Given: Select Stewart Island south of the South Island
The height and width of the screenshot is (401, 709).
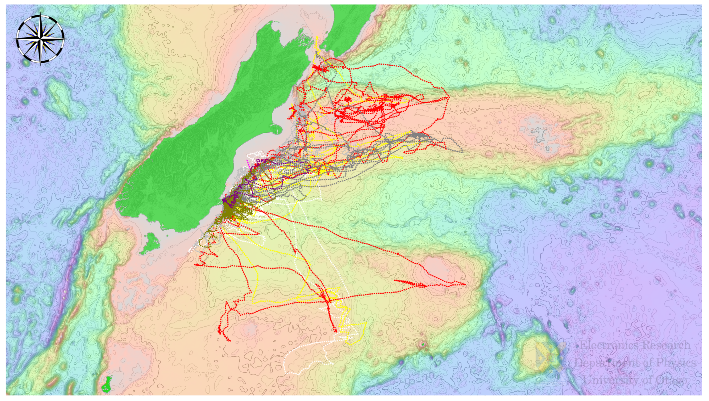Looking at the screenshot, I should [x=150, y=244].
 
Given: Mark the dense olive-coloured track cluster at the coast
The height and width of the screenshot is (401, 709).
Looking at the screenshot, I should [x=230, y=209].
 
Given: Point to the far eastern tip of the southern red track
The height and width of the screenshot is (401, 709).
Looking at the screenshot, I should [x=466, y=284].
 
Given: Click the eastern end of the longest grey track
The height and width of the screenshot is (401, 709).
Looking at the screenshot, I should [x=462, y=152].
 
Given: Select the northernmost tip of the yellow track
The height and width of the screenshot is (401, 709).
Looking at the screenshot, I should [x=317, y=37].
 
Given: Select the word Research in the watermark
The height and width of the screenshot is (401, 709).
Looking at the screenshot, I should [x=666, y=345].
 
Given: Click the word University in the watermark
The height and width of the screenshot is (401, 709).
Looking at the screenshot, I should [x=602, y=380].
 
